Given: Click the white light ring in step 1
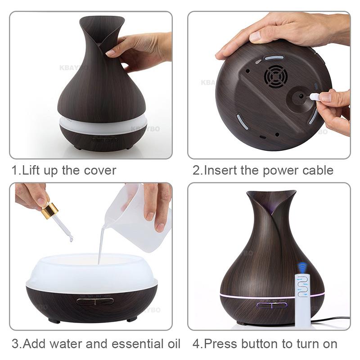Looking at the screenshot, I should tap(103, 121).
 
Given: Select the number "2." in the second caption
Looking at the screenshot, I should tap(198, 171).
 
